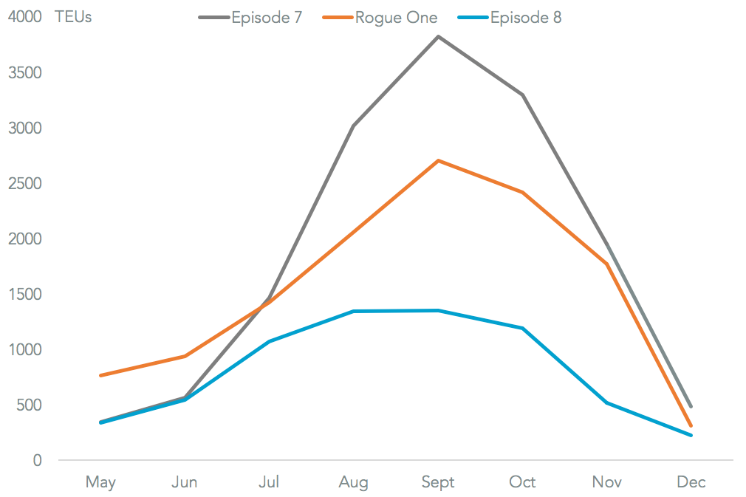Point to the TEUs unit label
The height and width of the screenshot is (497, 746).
tap(73, 17)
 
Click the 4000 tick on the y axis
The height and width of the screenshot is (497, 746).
tap(25, 18)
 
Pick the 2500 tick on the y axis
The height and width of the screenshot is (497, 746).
tap(25, 184)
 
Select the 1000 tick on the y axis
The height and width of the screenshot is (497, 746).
tap(25, 350)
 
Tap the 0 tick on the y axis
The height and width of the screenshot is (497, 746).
tap(38, 461)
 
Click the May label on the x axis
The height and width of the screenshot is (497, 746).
tap(100, 483)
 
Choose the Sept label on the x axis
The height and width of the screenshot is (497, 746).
tap(438, 483)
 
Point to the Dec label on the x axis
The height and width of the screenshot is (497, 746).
tap(691, 483)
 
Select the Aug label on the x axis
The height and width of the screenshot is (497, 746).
tap(354, 483)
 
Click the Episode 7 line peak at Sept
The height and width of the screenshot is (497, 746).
tap(438, 36)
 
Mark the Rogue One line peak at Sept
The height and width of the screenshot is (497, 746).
tap(438, 160)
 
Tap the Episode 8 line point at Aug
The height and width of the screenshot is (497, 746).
tap(354, 312)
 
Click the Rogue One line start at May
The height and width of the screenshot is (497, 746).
tap(100, 376)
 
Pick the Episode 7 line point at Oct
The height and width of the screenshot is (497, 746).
tap(522, 95)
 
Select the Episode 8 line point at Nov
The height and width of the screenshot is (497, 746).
tap(607, 402)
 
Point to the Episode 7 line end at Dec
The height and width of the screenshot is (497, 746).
tap(691, 406)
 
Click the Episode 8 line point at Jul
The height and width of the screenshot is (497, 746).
tap(270, 341)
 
